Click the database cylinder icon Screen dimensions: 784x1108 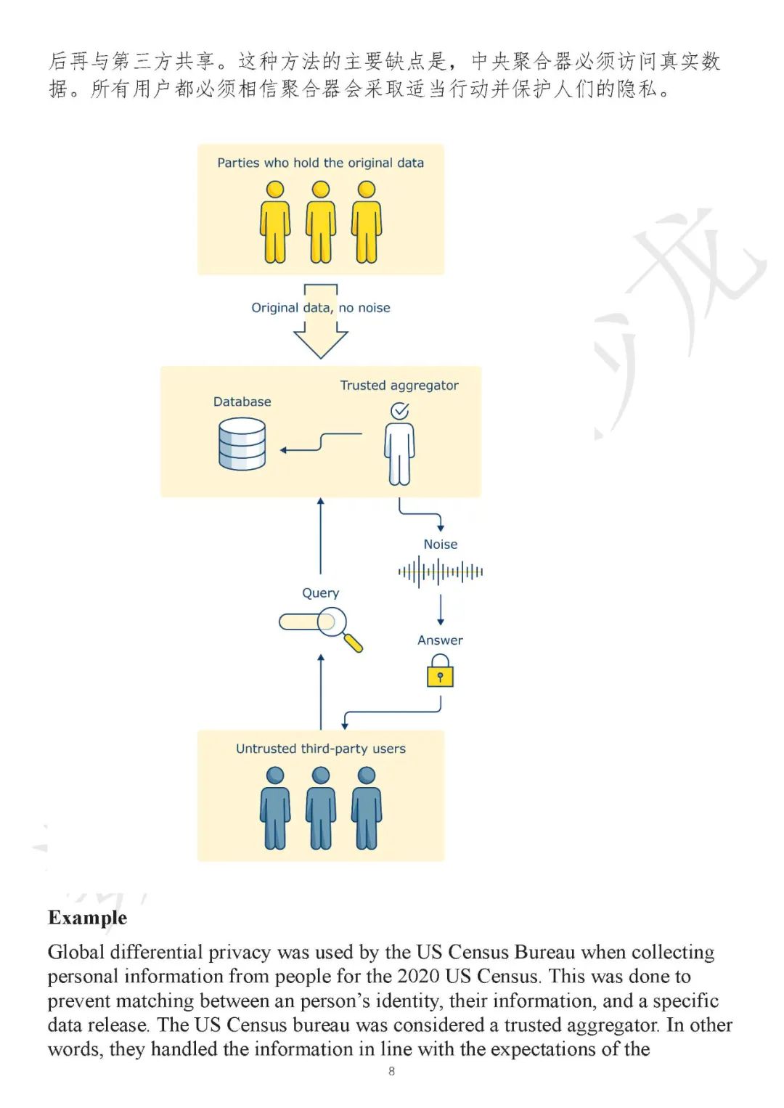242,444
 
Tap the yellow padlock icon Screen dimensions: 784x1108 440,671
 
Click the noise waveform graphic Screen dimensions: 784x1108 440,572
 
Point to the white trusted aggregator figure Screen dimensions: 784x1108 399,454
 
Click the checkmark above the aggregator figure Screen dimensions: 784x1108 400,410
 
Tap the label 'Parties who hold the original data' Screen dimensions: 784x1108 321,163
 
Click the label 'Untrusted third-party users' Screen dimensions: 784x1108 321,749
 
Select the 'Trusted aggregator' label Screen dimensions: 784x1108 399,386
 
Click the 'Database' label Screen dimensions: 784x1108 242,402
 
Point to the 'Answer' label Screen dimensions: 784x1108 440,640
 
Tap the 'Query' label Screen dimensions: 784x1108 321,592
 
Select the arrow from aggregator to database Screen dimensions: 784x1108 321,441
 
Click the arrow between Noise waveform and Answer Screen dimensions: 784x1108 440,609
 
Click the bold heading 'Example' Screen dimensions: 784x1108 88,918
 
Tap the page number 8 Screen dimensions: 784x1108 392,1072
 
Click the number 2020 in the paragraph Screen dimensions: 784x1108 418,976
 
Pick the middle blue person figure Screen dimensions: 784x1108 321,808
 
